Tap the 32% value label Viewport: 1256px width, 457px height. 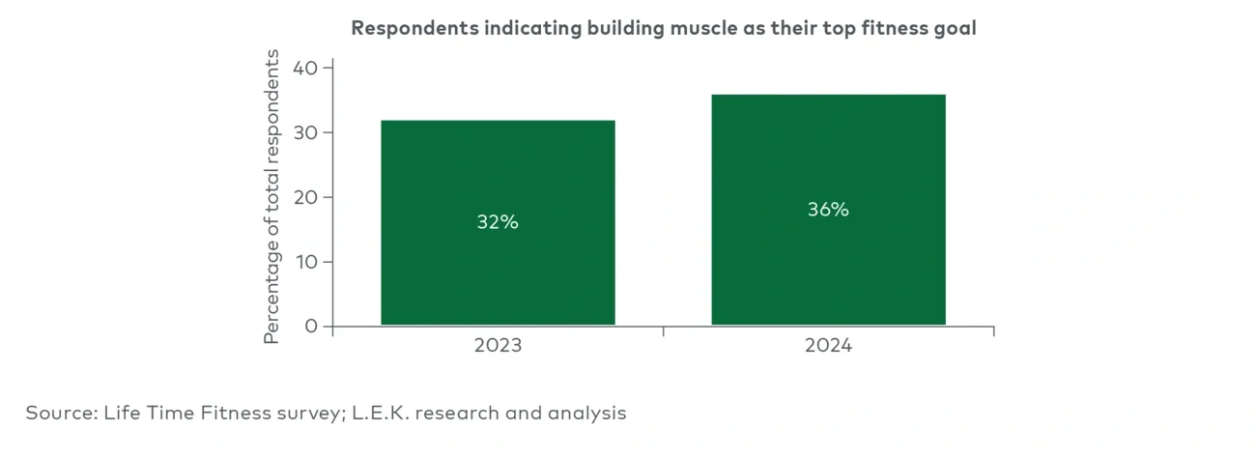point(498,222)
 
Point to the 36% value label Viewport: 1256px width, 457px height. point(828,210)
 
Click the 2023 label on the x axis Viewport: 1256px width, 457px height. point(498,346)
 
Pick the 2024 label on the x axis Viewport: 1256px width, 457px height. point(828,346)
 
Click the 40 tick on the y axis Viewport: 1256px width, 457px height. point(306,69)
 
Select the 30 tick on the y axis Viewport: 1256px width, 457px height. point(306,133)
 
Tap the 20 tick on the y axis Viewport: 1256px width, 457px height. point(306,197)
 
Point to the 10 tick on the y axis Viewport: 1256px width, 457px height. point(306,262)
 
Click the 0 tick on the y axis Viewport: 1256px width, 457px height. point(311,327)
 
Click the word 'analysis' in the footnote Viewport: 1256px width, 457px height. point(588,414)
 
